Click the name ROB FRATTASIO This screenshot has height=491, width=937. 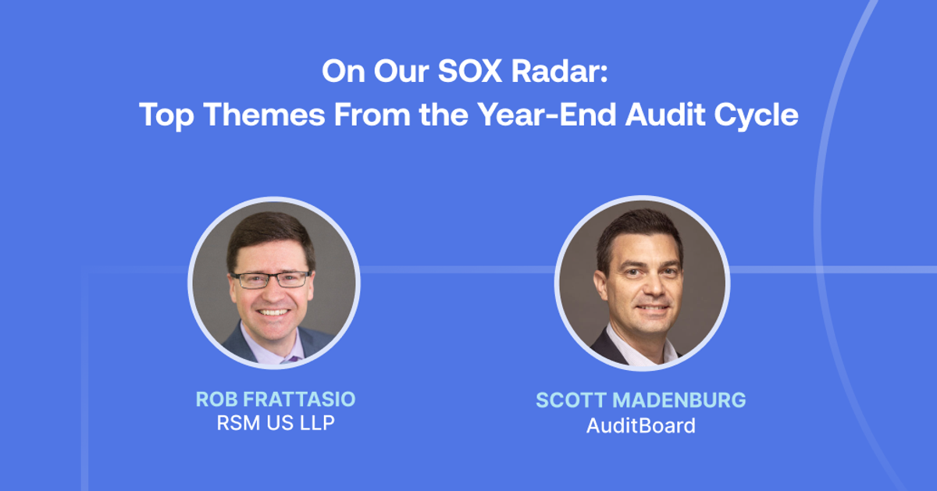(x=275, y=400)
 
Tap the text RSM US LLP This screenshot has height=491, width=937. (x=275, y=425)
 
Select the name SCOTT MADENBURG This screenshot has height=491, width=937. (x=640, y=400)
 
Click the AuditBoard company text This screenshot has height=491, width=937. (x=640, y=426)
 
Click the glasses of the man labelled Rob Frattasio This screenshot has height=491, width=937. (x=271, y=279)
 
